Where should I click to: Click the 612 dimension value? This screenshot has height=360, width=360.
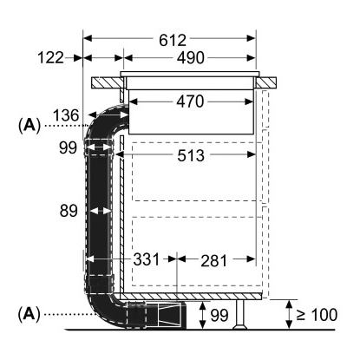pyautogui.click(x=173, y=40)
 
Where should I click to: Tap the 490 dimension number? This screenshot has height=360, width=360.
pyautogui.click(x=191, y=58)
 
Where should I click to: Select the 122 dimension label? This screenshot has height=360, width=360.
pyautogui.click(x=50, y=57)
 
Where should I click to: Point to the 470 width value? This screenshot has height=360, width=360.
pyautogui.click(x=190, y=101)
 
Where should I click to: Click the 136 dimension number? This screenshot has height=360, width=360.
pyautogui.click(x=66, y=115)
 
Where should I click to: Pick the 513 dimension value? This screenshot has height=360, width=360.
pyautogui.click(x=191, y=155)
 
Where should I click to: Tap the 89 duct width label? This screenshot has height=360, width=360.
pyautogui.click(x=69, y=211)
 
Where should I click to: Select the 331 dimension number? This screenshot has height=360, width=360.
pyautogui.click(x=147, y=259)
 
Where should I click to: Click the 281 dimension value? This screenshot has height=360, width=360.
pyautogui.click(x=214, y=261)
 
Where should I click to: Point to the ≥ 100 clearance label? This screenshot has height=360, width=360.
pyautogui.click(x=317, y=315)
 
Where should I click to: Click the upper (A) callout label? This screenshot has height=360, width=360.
pyautogui.click(x=29, y=125)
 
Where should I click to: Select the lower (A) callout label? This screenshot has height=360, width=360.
pyautogui.click(x=29, y=314)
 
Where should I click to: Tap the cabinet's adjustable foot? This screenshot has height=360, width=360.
pyautogui.click(x=239, y=314)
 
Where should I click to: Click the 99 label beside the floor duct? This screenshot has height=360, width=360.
pyautogui.click(x=219, y=315)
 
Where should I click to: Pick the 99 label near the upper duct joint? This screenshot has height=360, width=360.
pyautogui.click(x=69, y=148)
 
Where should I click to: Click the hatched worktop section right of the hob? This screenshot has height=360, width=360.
pyautogui.click(x=265, y=82)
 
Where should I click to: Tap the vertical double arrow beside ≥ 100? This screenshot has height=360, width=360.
pyautogui.click(x=289, y=315)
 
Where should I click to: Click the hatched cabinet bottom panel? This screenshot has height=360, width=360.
pyautogui.click(x=191, y=296)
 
